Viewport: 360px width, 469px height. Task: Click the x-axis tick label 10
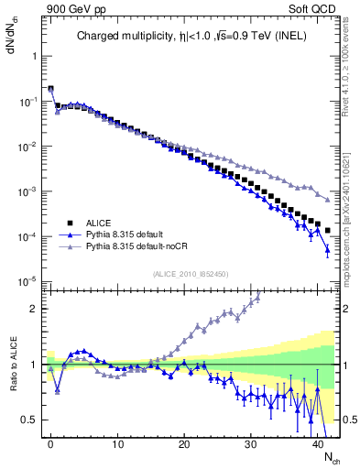pyautogui.click(x=117, y=443)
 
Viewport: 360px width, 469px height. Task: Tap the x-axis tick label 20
pyautogui.click(x=184, y=443)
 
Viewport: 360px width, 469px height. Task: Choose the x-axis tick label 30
pyautogui.click(x=251, y=443)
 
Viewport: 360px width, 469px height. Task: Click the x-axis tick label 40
pyautogui.click(x=318, y=443)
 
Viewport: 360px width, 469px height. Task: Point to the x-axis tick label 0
pyautogui.click(x=50, y=443)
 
